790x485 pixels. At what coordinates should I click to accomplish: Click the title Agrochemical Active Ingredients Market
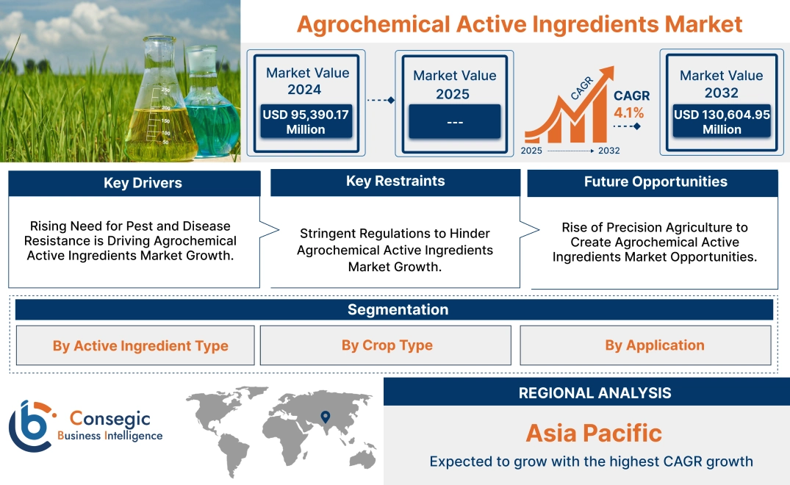[520, 24]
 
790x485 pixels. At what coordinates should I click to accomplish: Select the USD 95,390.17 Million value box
[306, 122]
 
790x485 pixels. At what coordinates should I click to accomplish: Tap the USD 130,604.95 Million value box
[722, 122]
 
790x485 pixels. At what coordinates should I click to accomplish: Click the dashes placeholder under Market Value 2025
[454, 121]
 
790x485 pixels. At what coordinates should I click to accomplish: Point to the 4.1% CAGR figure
[629, 112]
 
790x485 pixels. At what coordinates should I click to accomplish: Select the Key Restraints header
[395, 182]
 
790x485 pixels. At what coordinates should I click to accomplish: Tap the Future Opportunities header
[656, 182]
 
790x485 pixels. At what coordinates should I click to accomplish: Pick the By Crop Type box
[387, 345]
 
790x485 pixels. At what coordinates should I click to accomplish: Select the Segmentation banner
[398, 309]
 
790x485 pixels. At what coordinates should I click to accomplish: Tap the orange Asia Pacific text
[594, 433]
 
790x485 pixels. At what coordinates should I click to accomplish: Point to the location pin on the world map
[323, 418]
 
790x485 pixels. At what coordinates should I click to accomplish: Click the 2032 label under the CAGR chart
[608, 151]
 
